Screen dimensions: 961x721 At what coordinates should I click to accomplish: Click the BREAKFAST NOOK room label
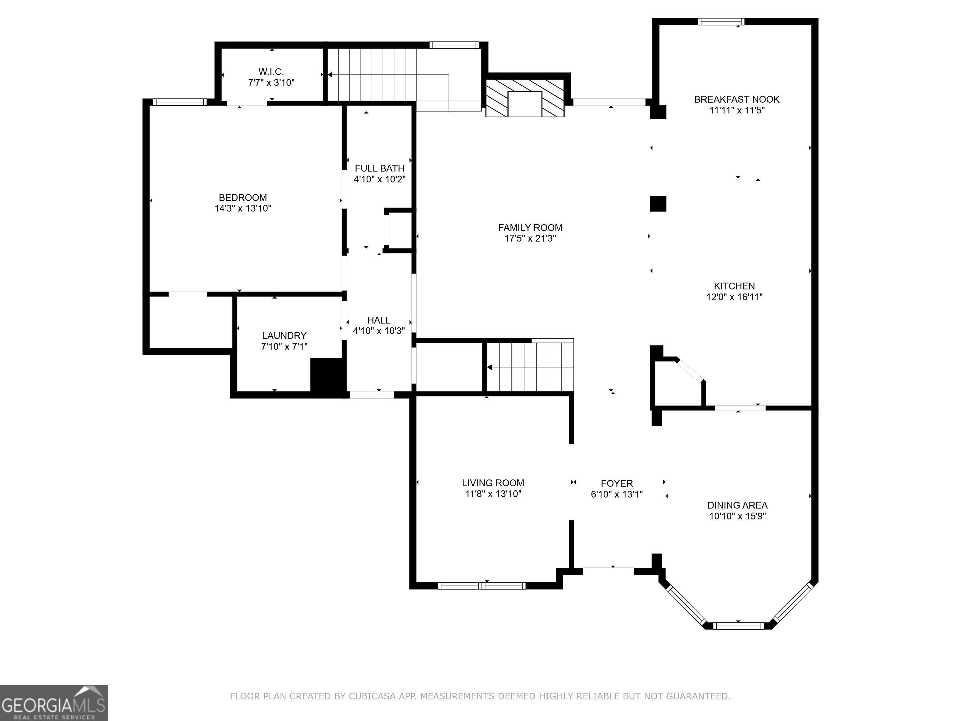click(736, 100)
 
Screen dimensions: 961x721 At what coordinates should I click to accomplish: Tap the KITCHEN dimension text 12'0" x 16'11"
click(734, 297)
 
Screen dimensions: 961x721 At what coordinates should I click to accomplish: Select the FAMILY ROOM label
click(530, 228)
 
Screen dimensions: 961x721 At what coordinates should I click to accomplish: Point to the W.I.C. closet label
click(271, 72)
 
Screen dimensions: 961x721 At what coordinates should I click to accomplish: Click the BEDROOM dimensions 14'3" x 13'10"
click(243, 208)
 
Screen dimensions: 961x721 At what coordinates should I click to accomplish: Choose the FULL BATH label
click(379, 168)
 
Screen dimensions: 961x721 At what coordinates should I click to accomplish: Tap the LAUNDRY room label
click(284, 335)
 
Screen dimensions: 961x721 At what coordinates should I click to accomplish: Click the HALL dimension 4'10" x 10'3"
click(379, 331)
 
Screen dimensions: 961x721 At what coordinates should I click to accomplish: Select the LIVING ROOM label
click(493, 483)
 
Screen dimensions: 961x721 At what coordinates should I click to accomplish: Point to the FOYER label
click(617, 483)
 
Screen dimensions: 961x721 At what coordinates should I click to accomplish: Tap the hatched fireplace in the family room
click(525, 98)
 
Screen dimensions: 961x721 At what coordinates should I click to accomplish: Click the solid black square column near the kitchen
click(658, 203)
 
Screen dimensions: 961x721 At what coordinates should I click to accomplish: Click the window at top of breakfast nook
click(721, 22)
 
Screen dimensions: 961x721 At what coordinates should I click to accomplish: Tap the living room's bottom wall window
click(482, 585)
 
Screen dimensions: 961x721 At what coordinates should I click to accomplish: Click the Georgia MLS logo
click(54, 703)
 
